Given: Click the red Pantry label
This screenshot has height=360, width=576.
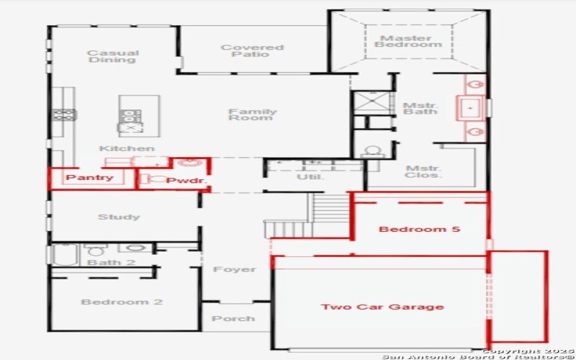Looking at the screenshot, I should click(89, 177).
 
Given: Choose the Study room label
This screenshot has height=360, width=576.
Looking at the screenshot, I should click(119, 217).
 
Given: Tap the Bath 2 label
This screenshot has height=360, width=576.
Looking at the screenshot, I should click(111, 262).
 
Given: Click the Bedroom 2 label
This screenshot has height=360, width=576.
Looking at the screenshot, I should click(121, 302).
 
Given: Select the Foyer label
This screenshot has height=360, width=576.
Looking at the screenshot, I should click(234, 269).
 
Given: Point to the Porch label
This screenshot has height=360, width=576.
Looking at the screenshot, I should click(233, 318).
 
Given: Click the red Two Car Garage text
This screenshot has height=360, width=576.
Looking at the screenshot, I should click(382, 307).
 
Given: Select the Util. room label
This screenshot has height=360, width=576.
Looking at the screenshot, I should click(311, 176).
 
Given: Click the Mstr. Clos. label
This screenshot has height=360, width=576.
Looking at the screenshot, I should click(423, 171).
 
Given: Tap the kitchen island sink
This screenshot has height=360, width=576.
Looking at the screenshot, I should click(130, 128).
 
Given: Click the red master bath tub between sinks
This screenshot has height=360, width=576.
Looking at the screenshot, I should click(471, 108).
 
